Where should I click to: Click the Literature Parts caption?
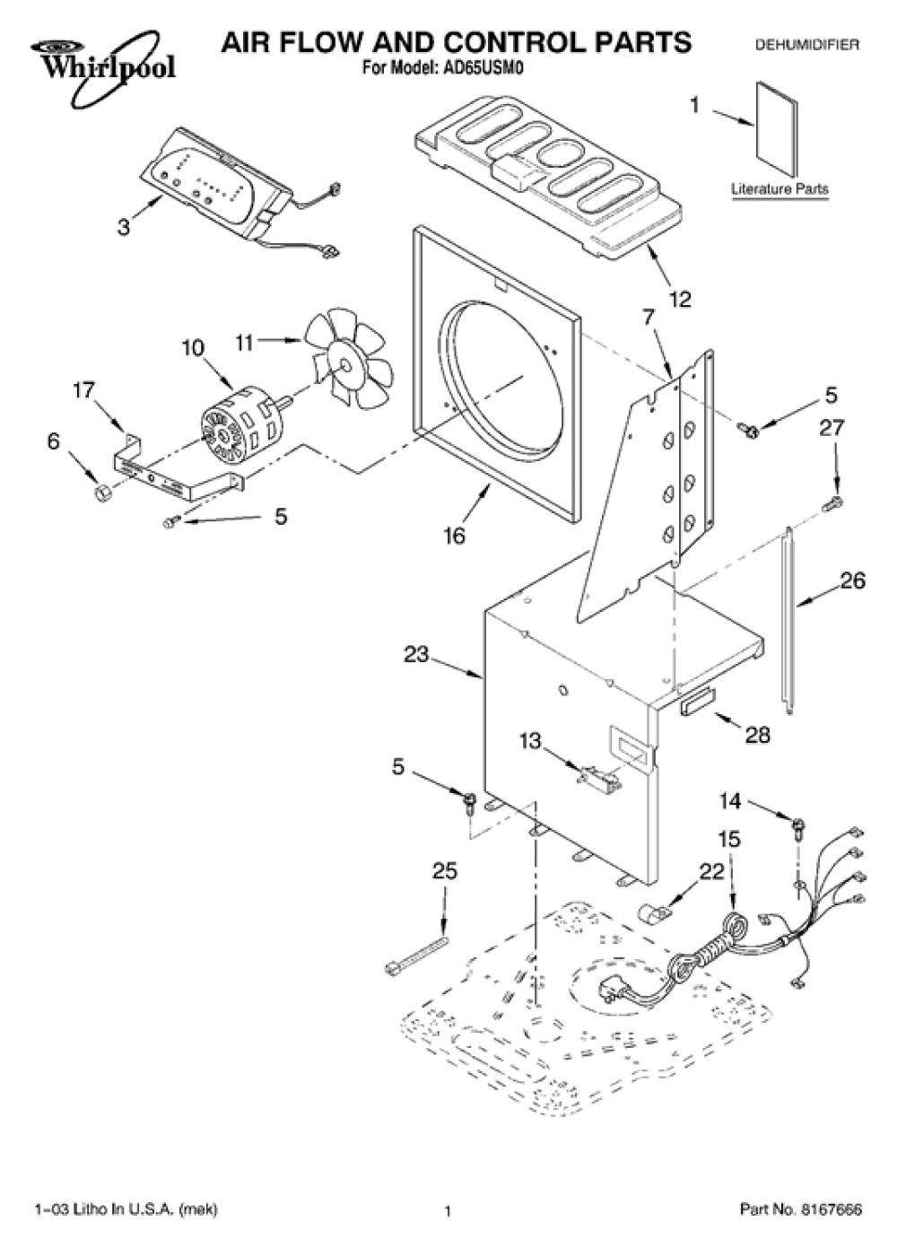click(779, 188)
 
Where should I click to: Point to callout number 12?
click(680, 300)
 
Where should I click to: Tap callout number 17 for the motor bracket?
click(84, 390)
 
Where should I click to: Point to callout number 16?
click(455, 536)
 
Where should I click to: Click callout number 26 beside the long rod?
click(852, 581)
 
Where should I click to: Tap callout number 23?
click(416, 654)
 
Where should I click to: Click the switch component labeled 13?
click(599, 775)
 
